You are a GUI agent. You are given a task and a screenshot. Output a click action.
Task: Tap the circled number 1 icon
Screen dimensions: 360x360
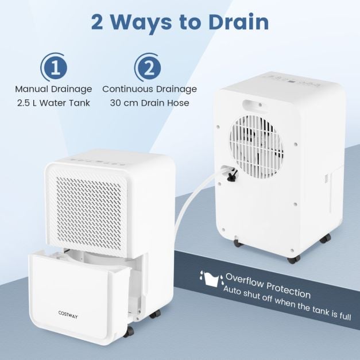(x=55, y=68)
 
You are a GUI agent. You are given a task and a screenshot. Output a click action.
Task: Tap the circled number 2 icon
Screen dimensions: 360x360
(x=148, y=68)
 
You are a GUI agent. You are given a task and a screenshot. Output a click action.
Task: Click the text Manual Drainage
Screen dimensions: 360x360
(x=54, y=89)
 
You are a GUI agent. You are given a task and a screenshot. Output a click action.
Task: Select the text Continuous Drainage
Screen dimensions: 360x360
(x=149, y=89)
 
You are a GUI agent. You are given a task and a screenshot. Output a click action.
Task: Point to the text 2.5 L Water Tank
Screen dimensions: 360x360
(x=55, y=104)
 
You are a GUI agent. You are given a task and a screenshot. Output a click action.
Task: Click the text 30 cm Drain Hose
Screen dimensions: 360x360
(x=149, y=104)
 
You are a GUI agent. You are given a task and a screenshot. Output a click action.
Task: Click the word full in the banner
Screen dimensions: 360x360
(x=343, y=316)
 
